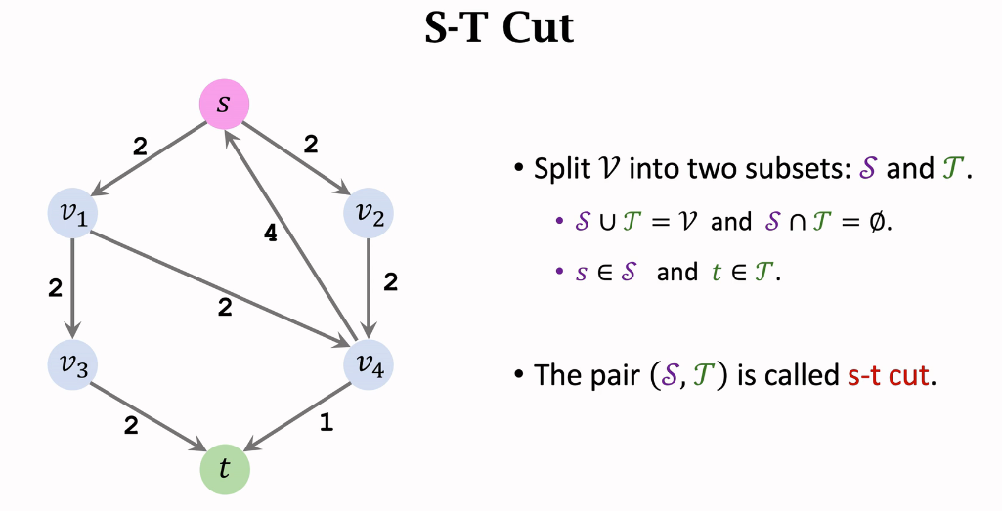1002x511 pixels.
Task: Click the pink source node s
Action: tap(224, 104)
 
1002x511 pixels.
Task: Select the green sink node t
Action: tap(225, 469)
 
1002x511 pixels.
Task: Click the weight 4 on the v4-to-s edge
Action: tap(271, 233)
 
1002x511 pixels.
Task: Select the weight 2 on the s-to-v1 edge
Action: tap(139, 147)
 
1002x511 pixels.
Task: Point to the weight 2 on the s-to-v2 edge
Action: tap(311, 145)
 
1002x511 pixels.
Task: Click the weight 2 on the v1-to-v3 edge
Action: tap(55, 288)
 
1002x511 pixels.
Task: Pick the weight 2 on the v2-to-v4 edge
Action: tap(390, 282)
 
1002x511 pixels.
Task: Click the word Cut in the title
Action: tap(538, 29)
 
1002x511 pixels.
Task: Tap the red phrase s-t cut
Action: tap(888, 375)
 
